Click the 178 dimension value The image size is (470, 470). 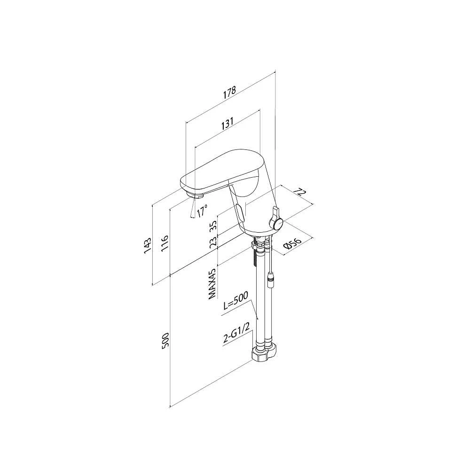[x=230, y=92]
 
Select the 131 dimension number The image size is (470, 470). [x=227, y=123]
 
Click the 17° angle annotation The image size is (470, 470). [x=202, y=211]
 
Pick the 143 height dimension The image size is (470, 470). [x=148, y=246]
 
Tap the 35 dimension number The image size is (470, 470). [x=213, y=226]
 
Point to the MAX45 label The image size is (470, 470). [x=212, y=283]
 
